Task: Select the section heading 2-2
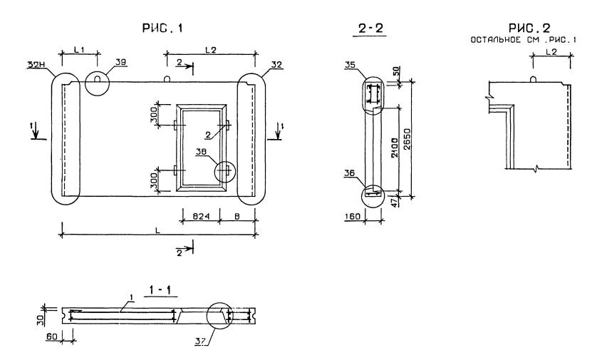372,29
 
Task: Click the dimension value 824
193,212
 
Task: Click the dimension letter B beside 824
236,212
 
